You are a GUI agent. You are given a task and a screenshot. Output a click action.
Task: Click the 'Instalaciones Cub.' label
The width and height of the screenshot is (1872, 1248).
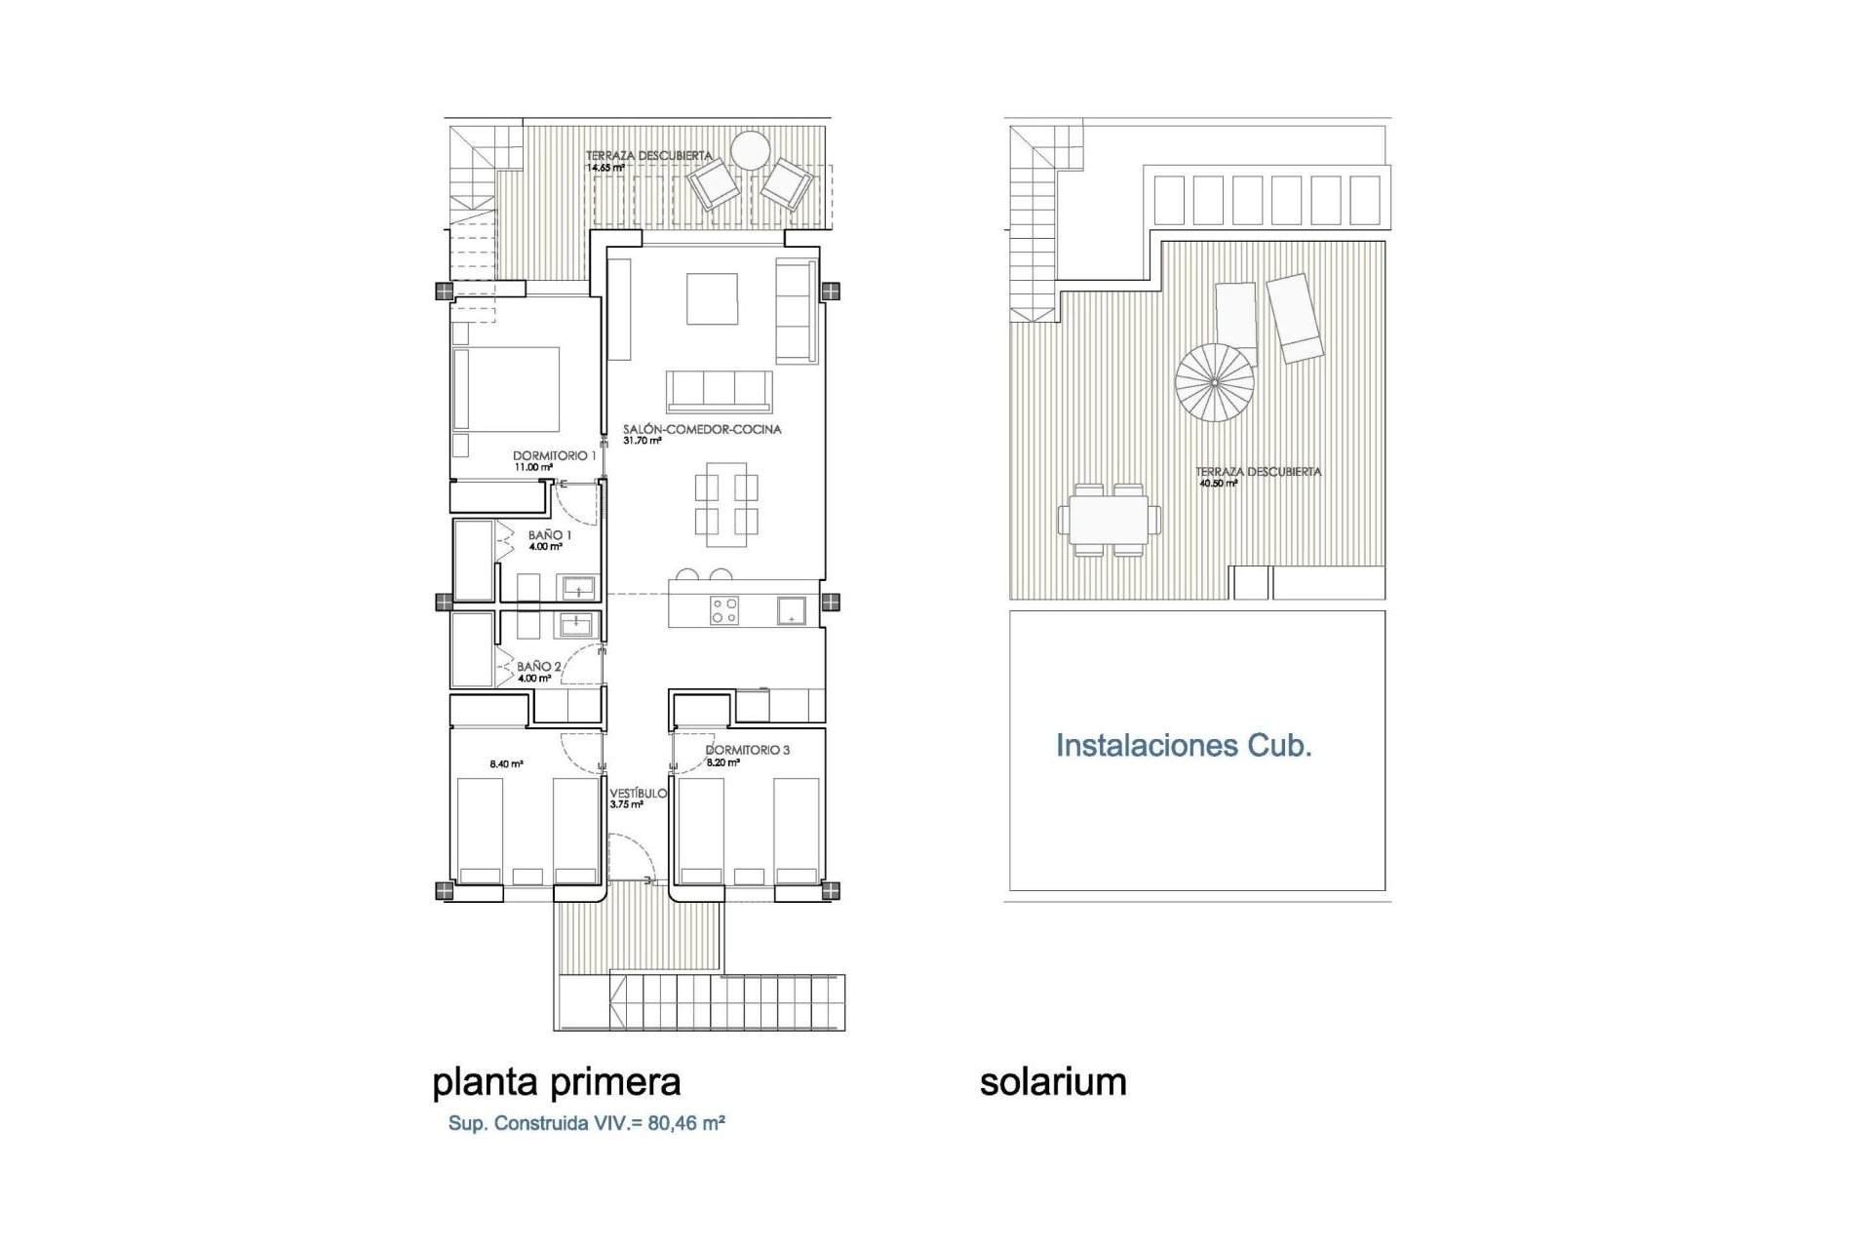pyautogui.click(x=1184, y=746)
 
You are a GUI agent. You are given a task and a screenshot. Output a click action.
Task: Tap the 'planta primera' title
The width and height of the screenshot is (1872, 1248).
pyautogui.click(x=556, y=1082)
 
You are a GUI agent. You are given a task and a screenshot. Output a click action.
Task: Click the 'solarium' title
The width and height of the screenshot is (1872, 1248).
pyautogui.click(x=1053, y=1082)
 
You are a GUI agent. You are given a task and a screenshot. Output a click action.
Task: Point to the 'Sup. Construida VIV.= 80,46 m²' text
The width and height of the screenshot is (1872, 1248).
pyautogui.click(x=586, y=1123)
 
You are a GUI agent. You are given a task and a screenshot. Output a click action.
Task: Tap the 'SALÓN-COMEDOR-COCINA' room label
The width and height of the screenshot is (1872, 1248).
pyautogui.click(x=702, y=429)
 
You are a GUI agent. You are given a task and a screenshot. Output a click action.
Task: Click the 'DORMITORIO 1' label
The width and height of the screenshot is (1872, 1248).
pyautogui.click(x=555, y=455)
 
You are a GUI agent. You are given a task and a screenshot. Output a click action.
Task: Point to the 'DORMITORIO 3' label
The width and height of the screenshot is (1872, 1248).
pyautogui.click(x=748, y=750)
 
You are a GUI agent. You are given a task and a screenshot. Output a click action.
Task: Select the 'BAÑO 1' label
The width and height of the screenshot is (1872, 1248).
pyautogui.click(x=550, y=535)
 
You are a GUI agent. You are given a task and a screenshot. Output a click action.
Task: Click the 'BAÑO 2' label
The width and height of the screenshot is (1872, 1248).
pyautogui.click(x=539, y=667)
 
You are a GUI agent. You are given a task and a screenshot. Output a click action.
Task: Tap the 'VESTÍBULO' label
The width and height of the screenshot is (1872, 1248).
pyautogui.click(x=638, y=794)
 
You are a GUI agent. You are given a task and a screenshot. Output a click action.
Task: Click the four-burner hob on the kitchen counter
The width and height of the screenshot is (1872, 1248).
pyautogui.click(x=724, y=610)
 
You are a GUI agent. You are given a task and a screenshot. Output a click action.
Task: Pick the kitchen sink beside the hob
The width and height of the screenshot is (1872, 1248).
pyautogui.click(x=791, y=610)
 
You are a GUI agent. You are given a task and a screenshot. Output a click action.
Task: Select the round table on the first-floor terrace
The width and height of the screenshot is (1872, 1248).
pyautogui.click(x=752, y=152)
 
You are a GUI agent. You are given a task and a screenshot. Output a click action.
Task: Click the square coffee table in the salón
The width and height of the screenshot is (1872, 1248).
pyautogui.click(x=712, y=298)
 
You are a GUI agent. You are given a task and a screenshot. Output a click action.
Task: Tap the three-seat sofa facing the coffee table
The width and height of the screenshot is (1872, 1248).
pyautogui.click(x=720, y=391)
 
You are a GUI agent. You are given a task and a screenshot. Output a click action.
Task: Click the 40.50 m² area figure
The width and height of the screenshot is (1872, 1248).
pyautogui.click(x=1217, y=484)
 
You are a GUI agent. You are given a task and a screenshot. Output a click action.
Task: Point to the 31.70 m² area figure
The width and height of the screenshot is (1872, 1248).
pyautogui.click(x=643, y=441)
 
